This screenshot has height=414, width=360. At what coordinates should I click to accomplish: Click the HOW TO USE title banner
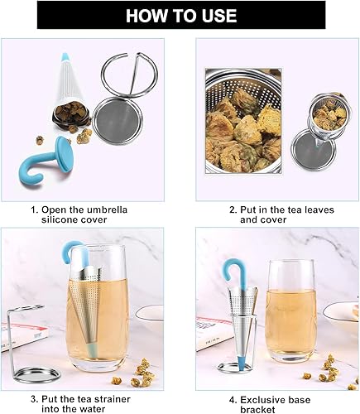click(x=179, y=15)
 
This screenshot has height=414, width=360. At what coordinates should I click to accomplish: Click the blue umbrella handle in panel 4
click(x=232, y=277)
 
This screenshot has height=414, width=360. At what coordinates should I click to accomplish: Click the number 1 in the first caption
click(x=34, y=209)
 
